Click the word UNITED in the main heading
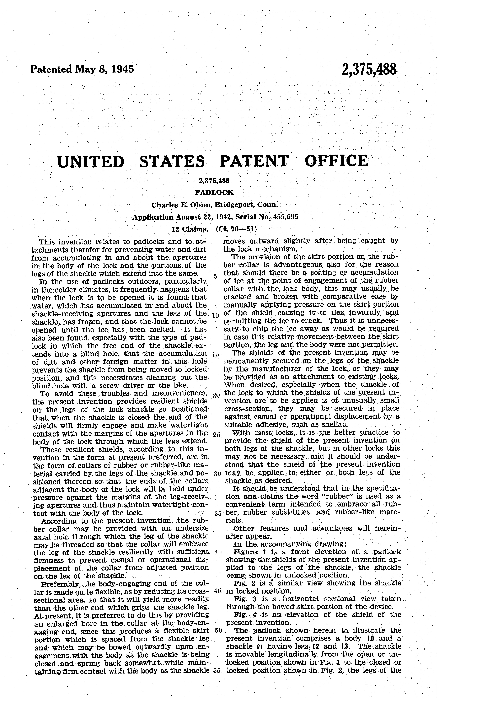(91, 161)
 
